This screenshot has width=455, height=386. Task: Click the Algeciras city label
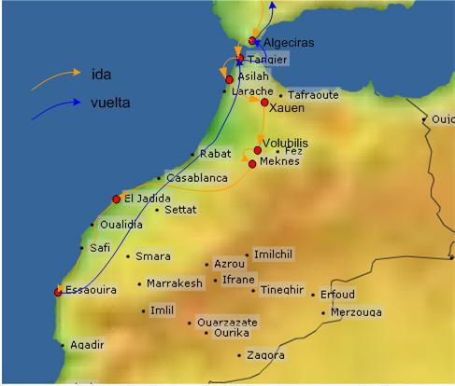coord(288,43)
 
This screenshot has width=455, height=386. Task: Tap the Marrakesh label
coord(174,283)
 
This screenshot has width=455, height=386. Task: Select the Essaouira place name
coord(91,291)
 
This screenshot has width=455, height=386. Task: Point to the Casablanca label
coord(197,177)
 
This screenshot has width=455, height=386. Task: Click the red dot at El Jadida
coord(117,199)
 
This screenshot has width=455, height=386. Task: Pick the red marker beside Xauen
coord(265,103)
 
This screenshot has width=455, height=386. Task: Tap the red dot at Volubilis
coord(258,150)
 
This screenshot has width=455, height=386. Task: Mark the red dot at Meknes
coord(252,164)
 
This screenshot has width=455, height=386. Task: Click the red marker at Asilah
coord(229,79)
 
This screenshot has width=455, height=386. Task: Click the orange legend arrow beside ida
coord(54,78)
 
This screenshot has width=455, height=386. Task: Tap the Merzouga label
coord(356,312)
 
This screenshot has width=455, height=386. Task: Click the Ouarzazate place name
coord(227,323)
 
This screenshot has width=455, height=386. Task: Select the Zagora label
coord(265,355)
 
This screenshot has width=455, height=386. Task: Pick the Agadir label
coord(88,345)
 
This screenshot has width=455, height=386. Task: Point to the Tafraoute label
coord(313,95)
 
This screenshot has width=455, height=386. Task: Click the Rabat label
coord(216,155)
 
